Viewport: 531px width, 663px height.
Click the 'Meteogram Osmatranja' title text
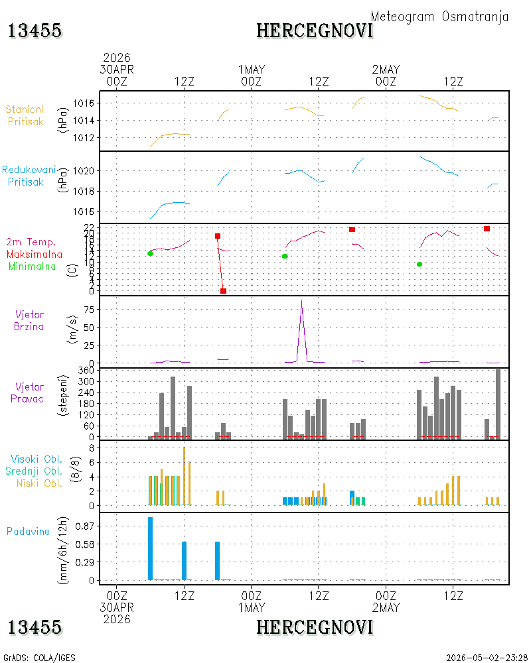pos(439,17)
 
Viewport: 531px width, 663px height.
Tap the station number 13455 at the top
pos(35,31)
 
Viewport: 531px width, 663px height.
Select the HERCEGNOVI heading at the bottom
pos(315,627)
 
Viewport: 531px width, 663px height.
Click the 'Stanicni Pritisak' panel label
pos(25,115)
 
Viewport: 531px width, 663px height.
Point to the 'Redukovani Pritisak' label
pos(29,176)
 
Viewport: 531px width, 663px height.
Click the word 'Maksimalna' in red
pos(35,255)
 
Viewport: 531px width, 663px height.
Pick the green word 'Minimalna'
pos(32,267)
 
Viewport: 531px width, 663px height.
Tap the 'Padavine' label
pos(28,532)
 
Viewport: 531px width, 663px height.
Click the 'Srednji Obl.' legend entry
pos(34,471)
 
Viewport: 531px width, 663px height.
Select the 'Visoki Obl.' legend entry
pos(37,459)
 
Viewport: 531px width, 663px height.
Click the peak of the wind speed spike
pos(301,300)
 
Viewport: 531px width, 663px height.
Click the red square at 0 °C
pos(223,291)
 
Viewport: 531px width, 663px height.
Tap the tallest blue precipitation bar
pos(150,548)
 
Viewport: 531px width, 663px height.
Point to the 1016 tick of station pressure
pos(84,103)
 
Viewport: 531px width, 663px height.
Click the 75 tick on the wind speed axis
pos(89,310)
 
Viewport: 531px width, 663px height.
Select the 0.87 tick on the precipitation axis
pos(85,526)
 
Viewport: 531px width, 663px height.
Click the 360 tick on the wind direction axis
pos(86,371)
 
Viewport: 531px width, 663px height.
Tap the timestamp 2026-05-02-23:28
pos(487,658)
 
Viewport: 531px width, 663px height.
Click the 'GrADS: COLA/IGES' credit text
pos(39,658)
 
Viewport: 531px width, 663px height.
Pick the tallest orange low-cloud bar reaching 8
pos(185,476)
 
